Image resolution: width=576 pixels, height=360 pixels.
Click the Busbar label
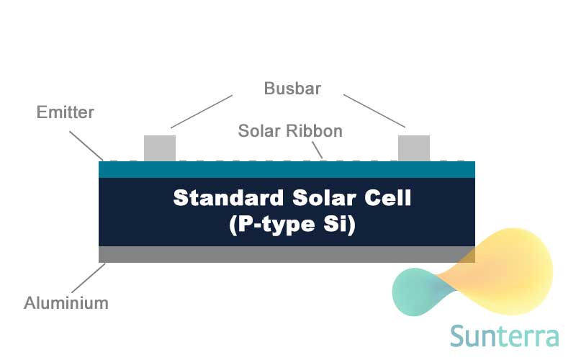click(292, 88)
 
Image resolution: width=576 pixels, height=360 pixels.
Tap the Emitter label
click(66, 112)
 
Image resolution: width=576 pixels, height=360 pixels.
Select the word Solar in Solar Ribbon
click(259, 131)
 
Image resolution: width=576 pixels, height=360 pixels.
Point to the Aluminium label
click(66, 303)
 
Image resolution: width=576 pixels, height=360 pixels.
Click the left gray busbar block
click(160, 148)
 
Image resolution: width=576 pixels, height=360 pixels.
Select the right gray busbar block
click(414, 148)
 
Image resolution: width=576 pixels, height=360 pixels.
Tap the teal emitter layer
click(287, 169)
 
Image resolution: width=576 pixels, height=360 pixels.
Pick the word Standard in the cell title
click(228, 197)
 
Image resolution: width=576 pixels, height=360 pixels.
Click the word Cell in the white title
click(387, 197)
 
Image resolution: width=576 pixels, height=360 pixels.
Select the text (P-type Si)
click(292, 224)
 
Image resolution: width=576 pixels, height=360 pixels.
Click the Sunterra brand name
click(505, 336)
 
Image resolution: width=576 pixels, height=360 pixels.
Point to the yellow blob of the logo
click(507, 270)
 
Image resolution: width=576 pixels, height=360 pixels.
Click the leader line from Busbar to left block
click(202, 112)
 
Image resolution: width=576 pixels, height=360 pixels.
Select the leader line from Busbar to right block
click(374, 111)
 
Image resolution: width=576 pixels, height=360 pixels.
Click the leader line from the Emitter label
click(86, 146)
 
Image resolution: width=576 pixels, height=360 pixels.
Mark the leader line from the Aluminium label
click(89, 278)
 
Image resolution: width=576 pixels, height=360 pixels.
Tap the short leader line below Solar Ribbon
click(318, 150)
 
